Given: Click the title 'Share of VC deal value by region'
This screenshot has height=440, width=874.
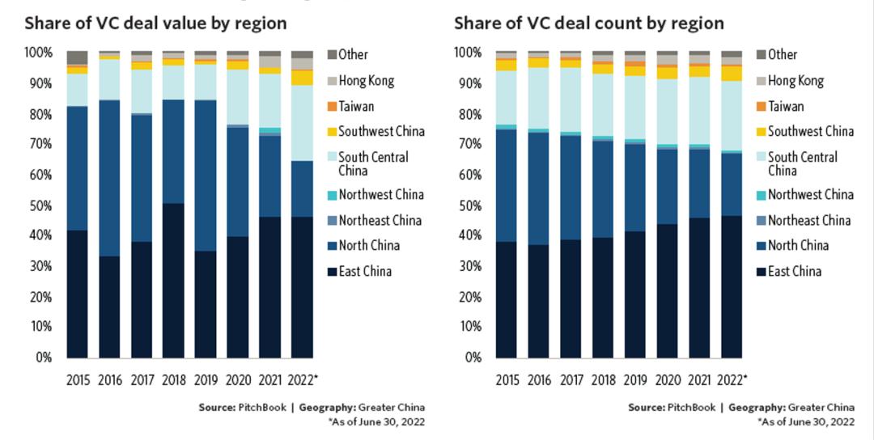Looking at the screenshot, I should tap(155, 23).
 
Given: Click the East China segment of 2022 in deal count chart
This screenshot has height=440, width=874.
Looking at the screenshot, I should tap(731, 286).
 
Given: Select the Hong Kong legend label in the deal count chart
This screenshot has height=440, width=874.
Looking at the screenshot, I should tap(796, 81).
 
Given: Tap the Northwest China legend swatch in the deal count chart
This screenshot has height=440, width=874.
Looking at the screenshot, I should tap(760, 195).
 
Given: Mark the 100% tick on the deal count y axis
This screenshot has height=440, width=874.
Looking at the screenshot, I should tap(468, 53).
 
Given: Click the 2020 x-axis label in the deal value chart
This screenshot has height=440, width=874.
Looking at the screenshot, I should tap(237, 379).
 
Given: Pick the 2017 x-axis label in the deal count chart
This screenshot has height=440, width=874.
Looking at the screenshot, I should tap(571, 379).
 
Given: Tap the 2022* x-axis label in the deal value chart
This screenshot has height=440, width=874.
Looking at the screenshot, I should tap(303, 379).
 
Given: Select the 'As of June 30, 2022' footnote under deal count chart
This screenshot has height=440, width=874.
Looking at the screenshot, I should tap(805, 421).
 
